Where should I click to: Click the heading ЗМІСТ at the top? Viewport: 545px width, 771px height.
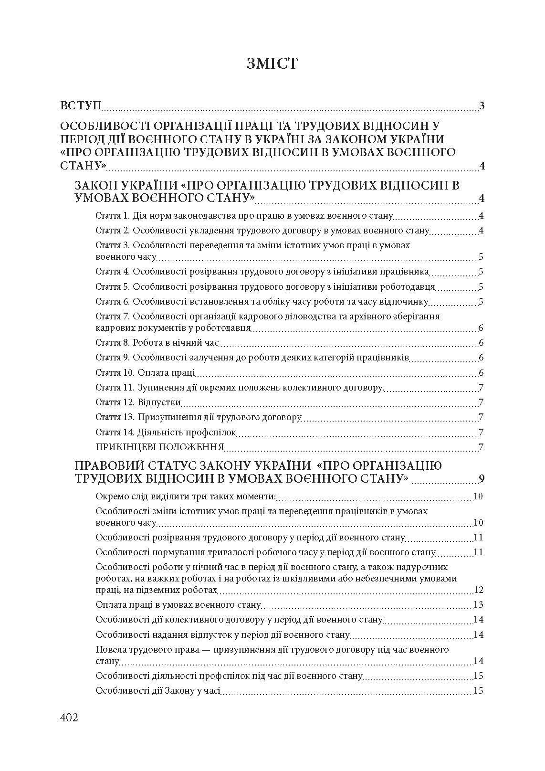click(272, 63)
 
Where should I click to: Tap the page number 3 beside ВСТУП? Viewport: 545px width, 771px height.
click(482, 106)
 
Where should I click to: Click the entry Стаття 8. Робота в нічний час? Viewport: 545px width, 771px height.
click(157, 343)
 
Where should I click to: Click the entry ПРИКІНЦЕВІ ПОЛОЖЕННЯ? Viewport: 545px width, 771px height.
click(160, 447)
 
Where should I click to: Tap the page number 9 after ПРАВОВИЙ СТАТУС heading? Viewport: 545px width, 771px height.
click(482, 479)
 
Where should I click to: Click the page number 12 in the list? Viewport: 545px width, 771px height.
click(478, 590)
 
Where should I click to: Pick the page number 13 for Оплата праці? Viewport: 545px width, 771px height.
click(478, 605)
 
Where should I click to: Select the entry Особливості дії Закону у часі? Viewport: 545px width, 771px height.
click(157, 690)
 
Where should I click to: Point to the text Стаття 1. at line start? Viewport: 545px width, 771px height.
click(113, 215)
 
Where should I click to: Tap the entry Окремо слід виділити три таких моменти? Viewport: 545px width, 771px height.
click(186, 496)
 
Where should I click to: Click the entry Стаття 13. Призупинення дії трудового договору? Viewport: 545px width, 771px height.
click(198, 417)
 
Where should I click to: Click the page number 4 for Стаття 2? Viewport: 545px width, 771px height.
click(482, 231)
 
